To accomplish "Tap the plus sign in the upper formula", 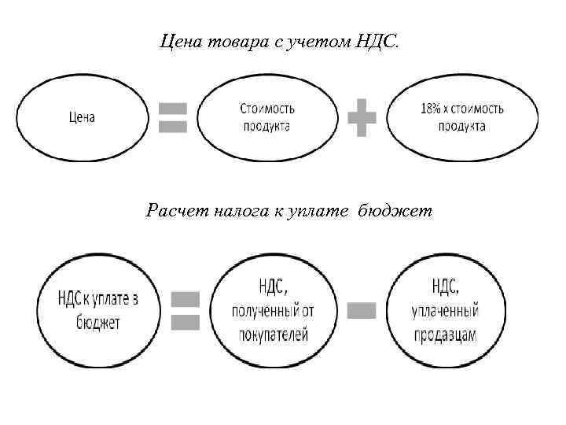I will point(362,117).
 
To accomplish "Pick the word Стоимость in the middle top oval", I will point(268,109).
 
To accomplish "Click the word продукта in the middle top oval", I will point(268,126).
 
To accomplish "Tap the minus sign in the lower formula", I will point(362,311).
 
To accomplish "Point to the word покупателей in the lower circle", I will point(273,334).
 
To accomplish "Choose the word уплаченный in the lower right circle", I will point(445,311).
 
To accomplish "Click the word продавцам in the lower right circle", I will point(445,334).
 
